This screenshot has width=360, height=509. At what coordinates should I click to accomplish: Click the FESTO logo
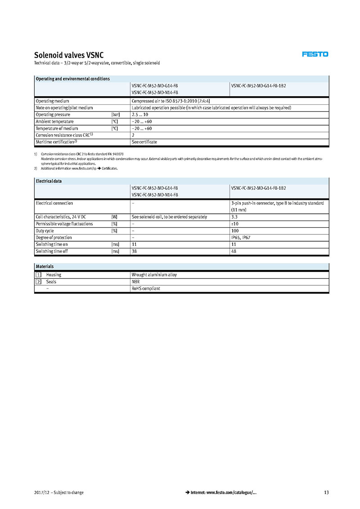tap(315, 54)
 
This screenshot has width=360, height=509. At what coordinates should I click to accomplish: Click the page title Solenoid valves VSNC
tap(69, 55)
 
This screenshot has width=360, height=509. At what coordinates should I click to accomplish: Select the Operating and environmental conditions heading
tap(72, 79)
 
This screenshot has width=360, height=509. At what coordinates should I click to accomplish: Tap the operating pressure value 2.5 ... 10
tap(140, 115)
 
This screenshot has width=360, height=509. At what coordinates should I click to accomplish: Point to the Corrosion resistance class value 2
tap(133, 135)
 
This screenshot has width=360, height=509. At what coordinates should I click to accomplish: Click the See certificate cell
tap(144, 142)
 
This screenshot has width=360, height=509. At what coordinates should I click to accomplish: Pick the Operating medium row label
tap(52, 101)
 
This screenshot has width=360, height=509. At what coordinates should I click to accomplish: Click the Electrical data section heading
tap(49, 181)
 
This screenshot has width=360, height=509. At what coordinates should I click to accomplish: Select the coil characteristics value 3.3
tap(234, 217)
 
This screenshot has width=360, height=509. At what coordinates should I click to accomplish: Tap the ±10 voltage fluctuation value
tap(234, 224)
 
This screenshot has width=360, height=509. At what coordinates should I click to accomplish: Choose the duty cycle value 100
tap(235, 231)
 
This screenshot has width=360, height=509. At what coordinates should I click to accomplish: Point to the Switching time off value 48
tap(234, 251)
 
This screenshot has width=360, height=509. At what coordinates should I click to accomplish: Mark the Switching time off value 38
tap(134, 251)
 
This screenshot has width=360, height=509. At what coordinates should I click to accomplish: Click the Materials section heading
tap(45, 266)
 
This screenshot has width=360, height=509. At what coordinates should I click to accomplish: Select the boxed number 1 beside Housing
tap(39, 275)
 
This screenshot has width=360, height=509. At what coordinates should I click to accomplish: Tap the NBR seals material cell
tap(135, 282)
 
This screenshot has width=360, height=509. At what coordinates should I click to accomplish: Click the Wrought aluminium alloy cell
tap(154, 275)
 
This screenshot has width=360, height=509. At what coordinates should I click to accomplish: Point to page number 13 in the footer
tap(326, 492)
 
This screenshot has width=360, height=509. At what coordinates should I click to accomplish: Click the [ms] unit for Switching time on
tap(115, 244)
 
